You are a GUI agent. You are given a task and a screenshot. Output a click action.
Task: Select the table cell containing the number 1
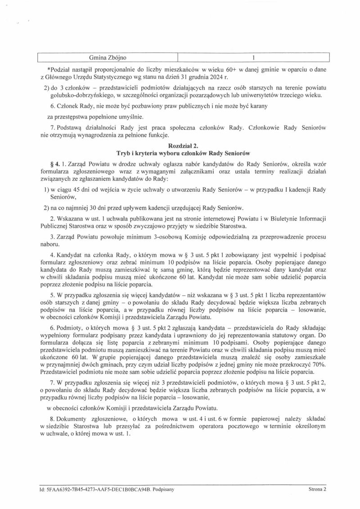point(254,58)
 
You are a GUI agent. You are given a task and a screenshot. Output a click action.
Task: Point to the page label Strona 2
point(317,488)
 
